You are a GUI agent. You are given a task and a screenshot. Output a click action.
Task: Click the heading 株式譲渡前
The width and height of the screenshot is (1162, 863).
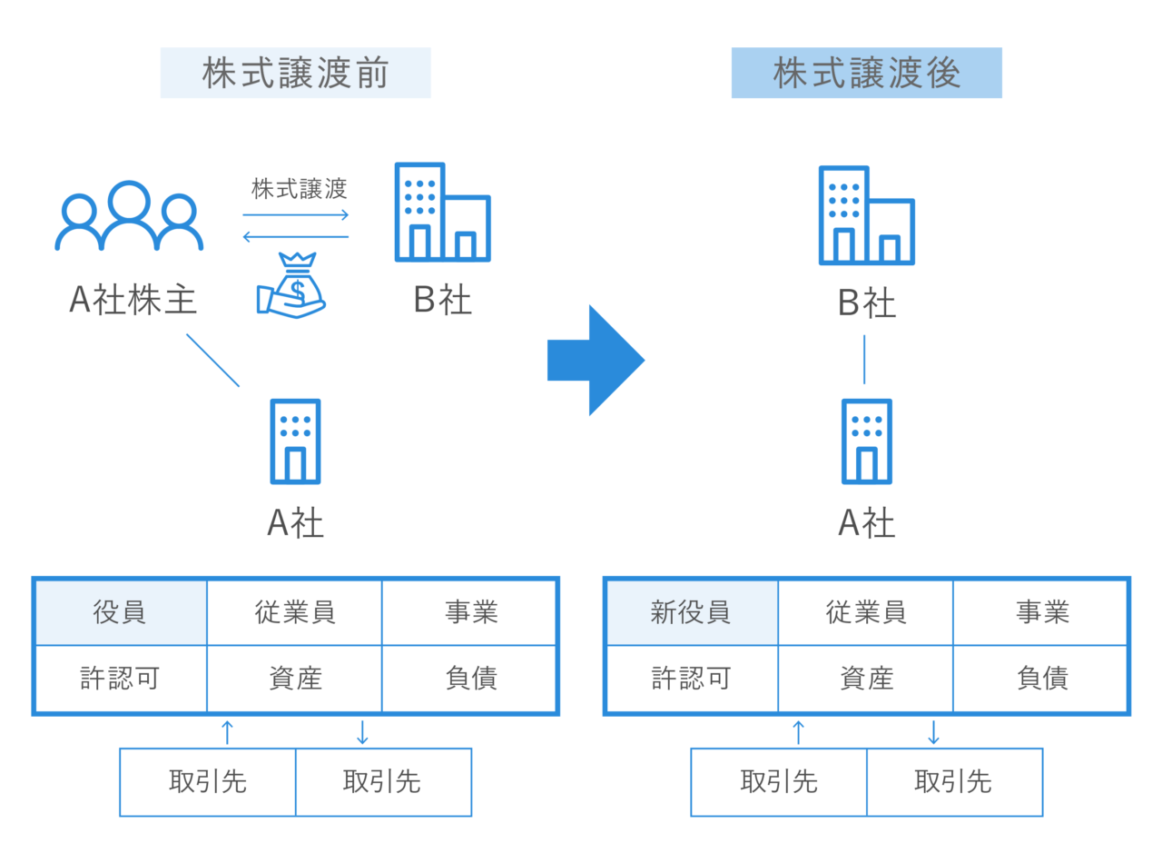[295, 74]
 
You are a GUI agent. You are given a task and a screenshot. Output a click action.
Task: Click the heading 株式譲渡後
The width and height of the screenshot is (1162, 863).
[866, 74]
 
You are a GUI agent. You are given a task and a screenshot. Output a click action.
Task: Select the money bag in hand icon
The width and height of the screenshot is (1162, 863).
[291, 284]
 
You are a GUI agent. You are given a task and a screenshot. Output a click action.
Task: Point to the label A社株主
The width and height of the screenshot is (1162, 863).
[133, 300]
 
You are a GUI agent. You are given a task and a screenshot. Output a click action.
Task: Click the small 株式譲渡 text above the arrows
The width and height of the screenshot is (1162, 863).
[299, 190]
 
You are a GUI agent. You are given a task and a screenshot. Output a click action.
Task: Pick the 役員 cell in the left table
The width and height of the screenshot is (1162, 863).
[120, 612]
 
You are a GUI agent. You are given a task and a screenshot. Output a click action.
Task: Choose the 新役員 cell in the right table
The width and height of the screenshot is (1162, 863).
[691, 612]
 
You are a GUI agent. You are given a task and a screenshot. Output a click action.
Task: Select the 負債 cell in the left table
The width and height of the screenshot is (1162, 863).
[470, 679]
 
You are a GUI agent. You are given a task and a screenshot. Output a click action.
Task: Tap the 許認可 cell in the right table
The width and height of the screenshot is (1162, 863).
[691, 679]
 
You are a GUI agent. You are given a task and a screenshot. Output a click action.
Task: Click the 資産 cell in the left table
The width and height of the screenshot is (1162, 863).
[295, 679]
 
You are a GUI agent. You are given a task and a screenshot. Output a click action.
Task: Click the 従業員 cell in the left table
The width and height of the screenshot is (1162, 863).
[295, 612]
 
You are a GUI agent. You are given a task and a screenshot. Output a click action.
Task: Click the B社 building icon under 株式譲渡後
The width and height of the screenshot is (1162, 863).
[866, 215]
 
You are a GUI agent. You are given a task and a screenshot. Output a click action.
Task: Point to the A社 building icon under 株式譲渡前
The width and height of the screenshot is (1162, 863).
[295, 441]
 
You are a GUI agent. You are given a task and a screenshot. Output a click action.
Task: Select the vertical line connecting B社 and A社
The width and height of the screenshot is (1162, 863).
[864, 359]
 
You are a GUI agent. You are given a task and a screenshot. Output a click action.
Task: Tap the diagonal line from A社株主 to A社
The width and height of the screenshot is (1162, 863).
[213, 361]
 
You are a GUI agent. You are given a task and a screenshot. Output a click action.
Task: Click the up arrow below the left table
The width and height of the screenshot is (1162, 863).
[228, 731]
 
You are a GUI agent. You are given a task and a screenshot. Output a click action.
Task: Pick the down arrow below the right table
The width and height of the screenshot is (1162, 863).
[933, 731]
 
